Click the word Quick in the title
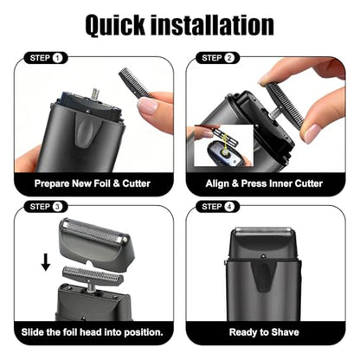(115, 25)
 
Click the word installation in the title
(212, 25)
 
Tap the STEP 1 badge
(46, 58)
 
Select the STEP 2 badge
(218, 58)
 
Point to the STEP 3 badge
(46, 207)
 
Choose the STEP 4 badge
(218, 207)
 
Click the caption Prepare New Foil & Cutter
(93, 183)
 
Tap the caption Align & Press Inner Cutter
(264, 183)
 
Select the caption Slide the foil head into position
(93, 332)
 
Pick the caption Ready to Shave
(264, 332)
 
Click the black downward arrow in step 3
(46, 262)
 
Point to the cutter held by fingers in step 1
(134, 82)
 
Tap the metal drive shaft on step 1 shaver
(95, 93)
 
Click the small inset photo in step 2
(224, 145)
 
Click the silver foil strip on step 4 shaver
(264, 231)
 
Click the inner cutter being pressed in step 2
(285, 105)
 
